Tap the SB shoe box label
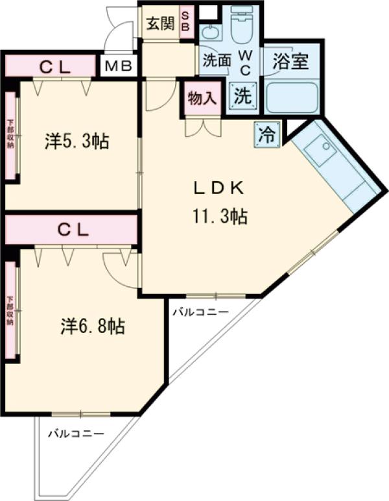[185, 24]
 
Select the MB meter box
[118, 66]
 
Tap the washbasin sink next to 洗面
[209, 32]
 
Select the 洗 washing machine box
[242, 96]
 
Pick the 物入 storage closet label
[201, 99]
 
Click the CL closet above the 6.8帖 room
[72, 229]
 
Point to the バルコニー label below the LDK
[200, 312]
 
